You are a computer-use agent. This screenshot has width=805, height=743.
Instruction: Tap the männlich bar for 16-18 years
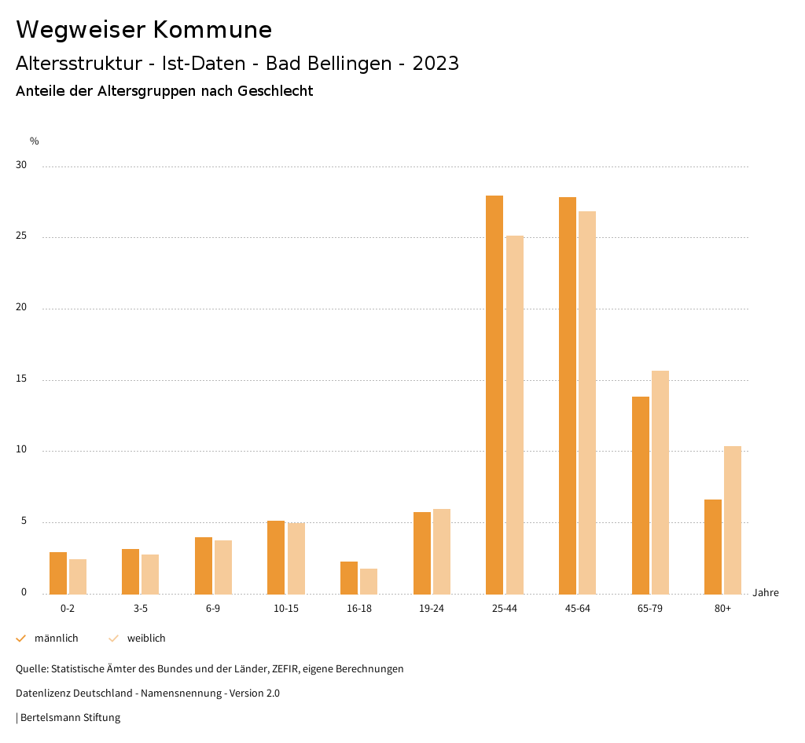[x=349, y=577]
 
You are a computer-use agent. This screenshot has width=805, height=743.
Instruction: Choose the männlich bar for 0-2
[x=58, y=573]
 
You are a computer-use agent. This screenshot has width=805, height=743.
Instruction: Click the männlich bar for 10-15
[x=276, y=557]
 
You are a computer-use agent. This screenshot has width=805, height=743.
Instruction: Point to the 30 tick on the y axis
[x=21, y=166]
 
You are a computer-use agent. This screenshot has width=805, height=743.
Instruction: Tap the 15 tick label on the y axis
[x=21, y=379]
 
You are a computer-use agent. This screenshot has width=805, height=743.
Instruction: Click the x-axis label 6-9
[x=213, y=609]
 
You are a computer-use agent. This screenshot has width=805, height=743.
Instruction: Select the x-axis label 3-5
[x=141, y=609]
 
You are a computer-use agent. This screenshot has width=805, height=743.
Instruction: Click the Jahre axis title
[x=766, y=592]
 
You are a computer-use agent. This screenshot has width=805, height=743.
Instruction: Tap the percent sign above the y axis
[x=35, y=141]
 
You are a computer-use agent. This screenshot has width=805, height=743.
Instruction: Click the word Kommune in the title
[x=212, y=30]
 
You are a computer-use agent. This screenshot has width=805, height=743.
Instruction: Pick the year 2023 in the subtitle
[x=436, y=64]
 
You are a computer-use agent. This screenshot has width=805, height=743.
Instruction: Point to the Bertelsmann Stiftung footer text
[x=70, y=717]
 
